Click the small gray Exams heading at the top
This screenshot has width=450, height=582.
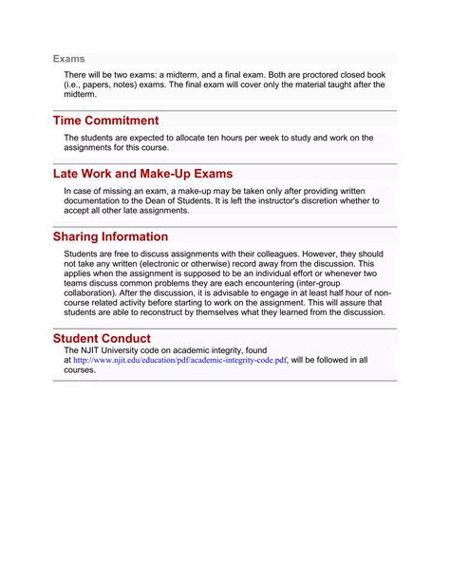point(68,59)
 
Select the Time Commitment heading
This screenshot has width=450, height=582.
point(105,121)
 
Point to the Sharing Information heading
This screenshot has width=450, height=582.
point(110,236)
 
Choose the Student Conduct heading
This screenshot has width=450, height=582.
point(102,338)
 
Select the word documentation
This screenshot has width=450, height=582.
point(97,200)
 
